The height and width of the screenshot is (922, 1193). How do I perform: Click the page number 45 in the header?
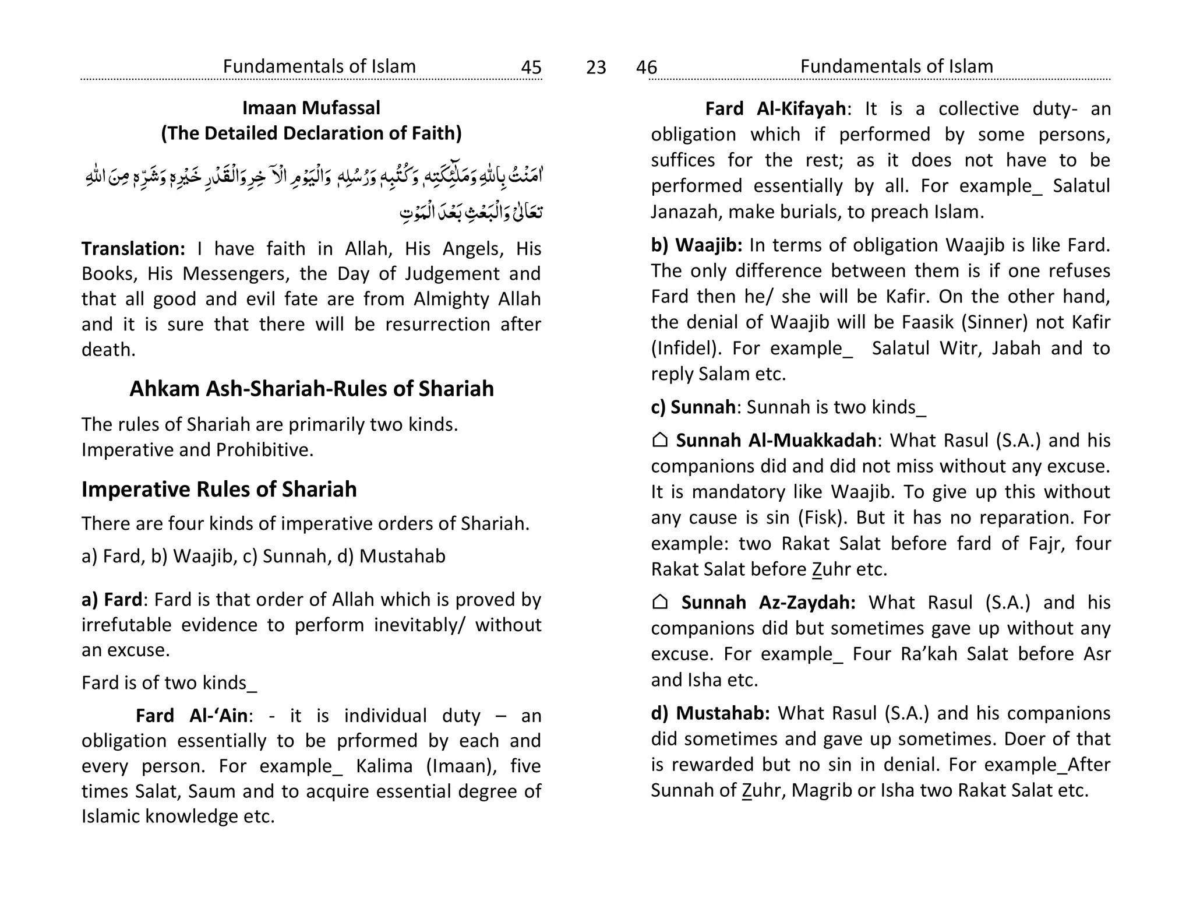pyautogui.click(x=531, y=68)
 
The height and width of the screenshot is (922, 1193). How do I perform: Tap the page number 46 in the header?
pyautogui.click(x=646, y=68)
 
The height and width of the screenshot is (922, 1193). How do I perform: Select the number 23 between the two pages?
pyautogui.click(x=596, y=68)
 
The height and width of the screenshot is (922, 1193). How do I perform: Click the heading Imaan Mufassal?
pyautogui.click(x=311, y=108)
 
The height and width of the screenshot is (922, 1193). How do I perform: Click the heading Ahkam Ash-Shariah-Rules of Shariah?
pyautogui.click(x=311, y=389)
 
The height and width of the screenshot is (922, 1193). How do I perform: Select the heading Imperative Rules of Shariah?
pyautogui.click(x=219, y=490)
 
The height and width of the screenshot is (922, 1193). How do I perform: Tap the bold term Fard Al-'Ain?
pyautogui.click(x=192, y=716)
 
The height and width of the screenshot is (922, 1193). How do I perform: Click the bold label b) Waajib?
pyautogui.click(x=697, y=245)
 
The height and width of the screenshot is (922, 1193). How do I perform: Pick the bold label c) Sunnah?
pyautogui.click(x=693, y=407)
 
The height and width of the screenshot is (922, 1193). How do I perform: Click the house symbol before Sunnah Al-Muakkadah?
pyautogui.click(x=659, y=440)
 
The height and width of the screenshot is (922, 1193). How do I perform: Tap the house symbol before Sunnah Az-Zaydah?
pyautogui.click(x=659, y=602)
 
